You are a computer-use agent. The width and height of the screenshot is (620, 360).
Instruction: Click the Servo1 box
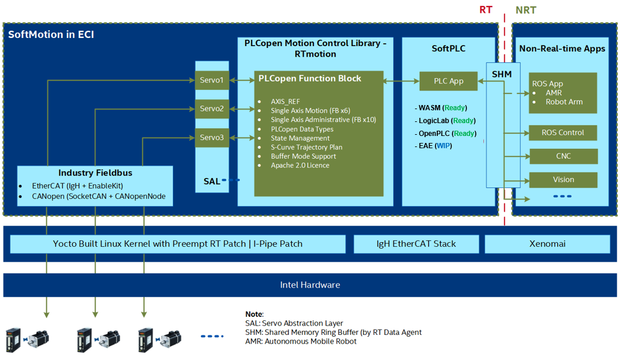click(x=212, y=80)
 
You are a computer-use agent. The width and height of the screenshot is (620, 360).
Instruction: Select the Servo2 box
click(x=212, y=109)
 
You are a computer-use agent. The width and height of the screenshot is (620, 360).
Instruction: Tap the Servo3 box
click(x=212, y=138)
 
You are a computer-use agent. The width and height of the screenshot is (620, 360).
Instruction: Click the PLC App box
click(x=448, y=81)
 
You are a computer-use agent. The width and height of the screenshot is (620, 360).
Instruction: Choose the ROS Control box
click(x=563, y=132)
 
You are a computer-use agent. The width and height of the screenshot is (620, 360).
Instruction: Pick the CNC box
click(x=563, y=156)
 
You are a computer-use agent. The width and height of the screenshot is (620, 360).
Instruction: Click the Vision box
click(x=563, y=180)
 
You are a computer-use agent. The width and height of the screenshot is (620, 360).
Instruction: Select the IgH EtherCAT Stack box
click(x=416, y=244)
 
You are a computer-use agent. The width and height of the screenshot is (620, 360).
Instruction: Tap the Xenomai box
click(x=548, y=244)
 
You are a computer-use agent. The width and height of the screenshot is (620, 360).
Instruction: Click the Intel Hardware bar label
click(x=310, y=285)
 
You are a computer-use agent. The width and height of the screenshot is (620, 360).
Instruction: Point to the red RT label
click(x=486, y=10)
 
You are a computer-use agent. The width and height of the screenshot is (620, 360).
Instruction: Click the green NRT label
click(x=525, y=10)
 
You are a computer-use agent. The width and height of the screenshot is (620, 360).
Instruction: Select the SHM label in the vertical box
click(x=501, y=74)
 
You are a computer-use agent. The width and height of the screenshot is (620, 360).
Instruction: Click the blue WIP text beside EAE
click(x=443, y=145)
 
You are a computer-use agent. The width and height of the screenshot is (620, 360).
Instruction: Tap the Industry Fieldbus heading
click(x=95, y=173)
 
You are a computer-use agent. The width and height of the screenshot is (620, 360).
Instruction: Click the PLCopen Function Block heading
click(x=310, y=78)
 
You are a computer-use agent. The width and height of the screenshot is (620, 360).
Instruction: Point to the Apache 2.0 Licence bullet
click(x=300, y=166)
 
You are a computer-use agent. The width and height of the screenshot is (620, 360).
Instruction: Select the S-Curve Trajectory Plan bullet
click(x=306, y=148)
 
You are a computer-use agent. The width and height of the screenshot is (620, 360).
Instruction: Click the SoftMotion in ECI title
click(x=51, y=34)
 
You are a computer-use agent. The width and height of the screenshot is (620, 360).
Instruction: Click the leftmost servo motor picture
click(x=27, y=339)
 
